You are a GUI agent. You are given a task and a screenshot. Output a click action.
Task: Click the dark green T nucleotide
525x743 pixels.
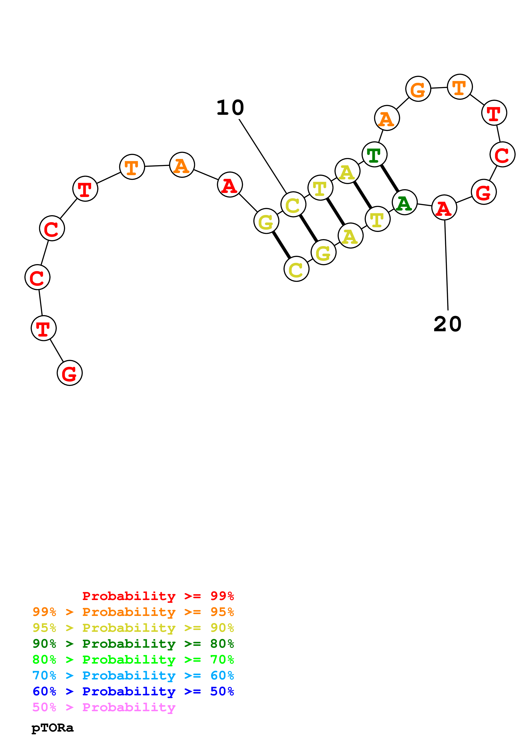pyautogui.click(x=374, y=155)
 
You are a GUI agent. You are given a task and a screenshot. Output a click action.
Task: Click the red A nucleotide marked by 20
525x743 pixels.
pyautogui.click(x=444, y=207)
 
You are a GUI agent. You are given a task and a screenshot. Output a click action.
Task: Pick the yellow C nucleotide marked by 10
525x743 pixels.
pyautogui.click(x=293, y=205)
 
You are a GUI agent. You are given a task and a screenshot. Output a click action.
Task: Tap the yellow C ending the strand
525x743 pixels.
pyautogui.click(x=296, y=269)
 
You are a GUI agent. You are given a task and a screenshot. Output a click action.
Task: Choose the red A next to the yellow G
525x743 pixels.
pyautogui.click(x=230, y=185)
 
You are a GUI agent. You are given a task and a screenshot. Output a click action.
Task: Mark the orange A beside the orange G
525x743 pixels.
pyautogui.click(x=387, y=118)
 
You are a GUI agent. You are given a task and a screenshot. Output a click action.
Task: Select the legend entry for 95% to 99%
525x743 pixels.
pyautogui.click(x=133, y=612)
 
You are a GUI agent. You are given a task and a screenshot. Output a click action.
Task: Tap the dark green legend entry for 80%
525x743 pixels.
pyautogui.click(x=133, y=644)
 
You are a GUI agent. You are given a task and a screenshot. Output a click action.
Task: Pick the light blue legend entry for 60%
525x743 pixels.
pyautogui.click(x=133, y=675)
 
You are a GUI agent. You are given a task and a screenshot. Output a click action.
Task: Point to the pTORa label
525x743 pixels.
pyautogui.click(x=52, y=728)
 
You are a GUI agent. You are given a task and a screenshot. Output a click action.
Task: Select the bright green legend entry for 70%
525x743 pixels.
pyautogui.click(x=133, y=660)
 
